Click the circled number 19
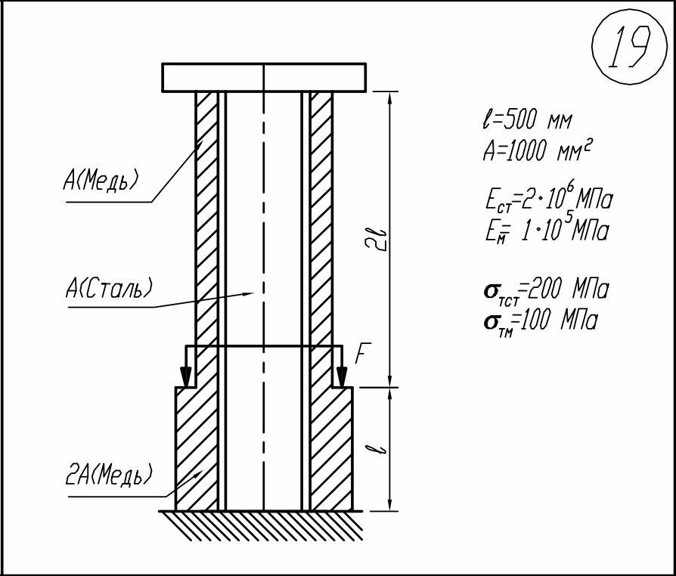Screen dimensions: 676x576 click(x=629, y=47)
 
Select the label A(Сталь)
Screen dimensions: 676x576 click(x=109, y=287)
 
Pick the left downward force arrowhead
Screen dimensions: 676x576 click(x=186, y=376)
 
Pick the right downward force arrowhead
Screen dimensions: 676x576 click(x=342, y=376)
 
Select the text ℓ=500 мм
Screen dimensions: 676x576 click(x=527, y=120)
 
